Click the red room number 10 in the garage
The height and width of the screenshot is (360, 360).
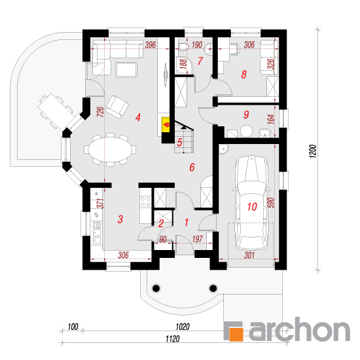click(252, 207)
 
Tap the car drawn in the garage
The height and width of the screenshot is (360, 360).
click(252, 203)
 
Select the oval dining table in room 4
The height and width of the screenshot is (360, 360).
click(110, 149)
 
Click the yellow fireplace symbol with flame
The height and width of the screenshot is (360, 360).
click(166, 124)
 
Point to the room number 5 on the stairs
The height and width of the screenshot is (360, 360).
click(179, 142)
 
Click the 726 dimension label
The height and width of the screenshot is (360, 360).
click(100, 112)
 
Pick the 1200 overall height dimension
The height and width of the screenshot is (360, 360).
click(313, 151)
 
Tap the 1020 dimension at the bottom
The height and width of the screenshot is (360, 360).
click(183, 327)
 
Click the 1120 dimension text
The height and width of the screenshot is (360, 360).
click(173, 338)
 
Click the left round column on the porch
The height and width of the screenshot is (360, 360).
click(156, 288)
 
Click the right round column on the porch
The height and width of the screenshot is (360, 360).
click(213, 288)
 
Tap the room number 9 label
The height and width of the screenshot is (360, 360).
click(246, 115)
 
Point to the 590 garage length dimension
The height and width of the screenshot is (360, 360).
click(272, 203)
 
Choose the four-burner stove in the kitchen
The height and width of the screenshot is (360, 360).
click(145, 202)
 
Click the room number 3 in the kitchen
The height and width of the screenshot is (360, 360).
click(120, 219)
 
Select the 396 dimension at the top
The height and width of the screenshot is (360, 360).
click(151, 45)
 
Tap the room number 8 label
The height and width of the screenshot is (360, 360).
click(244, 75)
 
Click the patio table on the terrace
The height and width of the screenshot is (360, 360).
click(54, 111)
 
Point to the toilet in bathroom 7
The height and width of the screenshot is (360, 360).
click(183, 47)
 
